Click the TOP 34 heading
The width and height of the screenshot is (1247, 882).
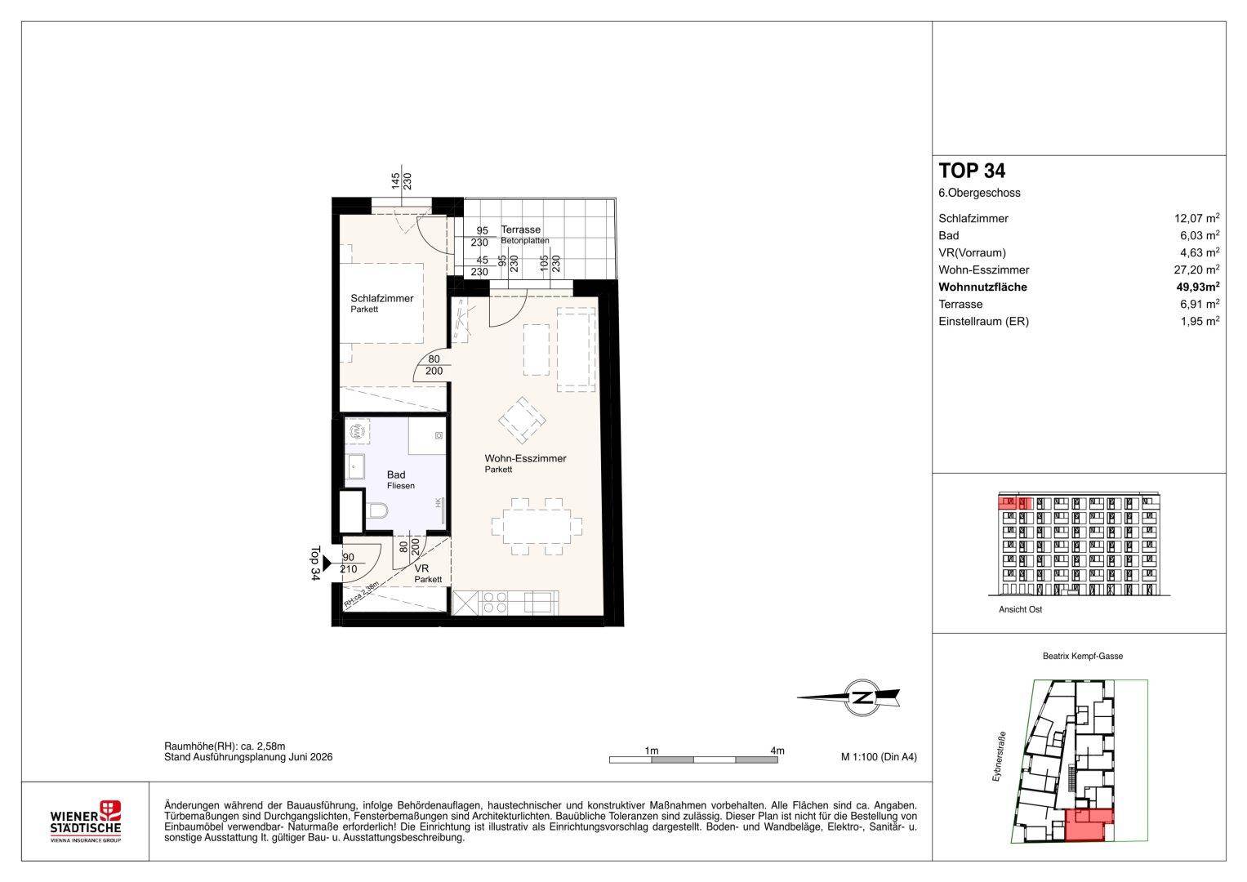pyautogui.click(x=972, y=171)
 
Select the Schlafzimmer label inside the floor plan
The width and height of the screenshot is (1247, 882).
pyautogui.click(x=382, y=298)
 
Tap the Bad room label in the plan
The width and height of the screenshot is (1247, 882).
pyautogui.click(x=396, y=475)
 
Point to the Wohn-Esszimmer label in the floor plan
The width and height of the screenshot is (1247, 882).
pyautogui.click(x=526, y=459)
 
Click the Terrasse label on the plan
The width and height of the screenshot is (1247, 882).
pyautogui.click(x=520, y=229)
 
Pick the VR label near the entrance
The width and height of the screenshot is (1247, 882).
pyautogui.click(x=421, y=568)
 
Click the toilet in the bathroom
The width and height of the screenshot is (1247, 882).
pyautogui.click(x=378, y=510)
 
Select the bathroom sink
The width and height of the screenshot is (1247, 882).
pyautogui.click(x=354, y=466)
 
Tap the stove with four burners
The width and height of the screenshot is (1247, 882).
pyautogui.click(x=494, y=603)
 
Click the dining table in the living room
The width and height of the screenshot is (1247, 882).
pyautogui.click(x=537, y=526)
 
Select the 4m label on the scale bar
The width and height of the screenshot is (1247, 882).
pyautogui.click(x=777, y=751)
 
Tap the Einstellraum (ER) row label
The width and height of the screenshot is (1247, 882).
pyautogui.click(x=984, y=321)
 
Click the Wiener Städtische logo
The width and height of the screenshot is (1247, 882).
pyautogui.click(x=85, y=822)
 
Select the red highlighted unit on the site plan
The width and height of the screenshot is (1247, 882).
pyautogui.click(x=1089, y=825)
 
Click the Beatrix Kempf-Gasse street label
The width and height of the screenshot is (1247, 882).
pyautogui.click(x=1083, y=656)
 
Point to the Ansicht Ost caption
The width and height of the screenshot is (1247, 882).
pyautogui.click(x=1021, y=609)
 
